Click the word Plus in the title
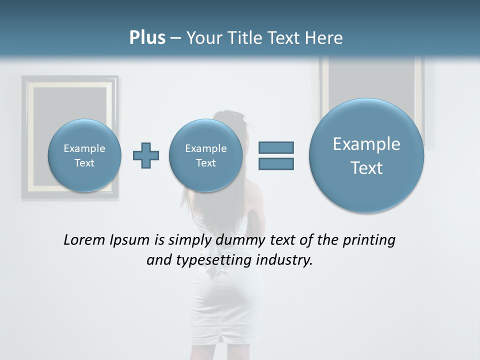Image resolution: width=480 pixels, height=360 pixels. pos(147,37)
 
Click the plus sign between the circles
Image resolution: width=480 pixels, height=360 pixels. pos(146,155)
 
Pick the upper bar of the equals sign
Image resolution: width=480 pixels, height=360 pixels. pos(276,147)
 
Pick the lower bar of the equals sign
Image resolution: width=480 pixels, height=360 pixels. pos(276,163)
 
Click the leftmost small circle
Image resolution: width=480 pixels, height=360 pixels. pos(84,155)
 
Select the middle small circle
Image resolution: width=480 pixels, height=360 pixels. pos(206,155)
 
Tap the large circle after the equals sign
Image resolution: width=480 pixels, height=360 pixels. pos(366,155)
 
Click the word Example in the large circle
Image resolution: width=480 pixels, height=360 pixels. pos(366,144)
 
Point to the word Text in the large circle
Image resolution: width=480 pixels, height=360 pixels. pos(366,168)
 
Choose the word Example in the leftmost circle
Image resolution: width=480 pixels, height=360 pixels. pos(84,148)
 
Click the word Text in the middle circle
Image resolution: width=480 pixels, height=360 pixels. pos(206,163)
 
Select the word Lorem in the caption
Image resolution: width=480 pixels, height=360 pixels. pos(83,240)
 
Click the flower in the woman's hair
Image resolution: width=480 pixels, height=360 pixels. pos(246,119)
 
